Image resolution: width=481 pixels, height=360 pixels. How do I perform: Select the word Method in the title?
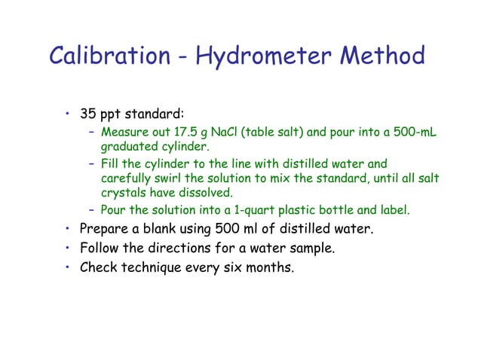click(381, 56)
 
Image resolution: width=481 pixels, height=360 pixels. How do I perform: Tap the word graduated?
click(129, 146)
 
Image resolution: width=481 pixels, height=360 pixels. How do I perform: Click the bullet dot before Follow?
click(67, 247)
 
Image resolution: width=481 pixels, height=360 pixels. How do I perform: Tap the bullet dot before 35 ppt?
click(67, 115)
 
